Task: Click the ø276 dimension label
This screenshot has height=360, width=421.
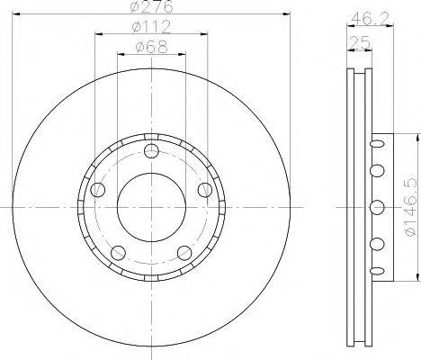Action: tap(150, 8)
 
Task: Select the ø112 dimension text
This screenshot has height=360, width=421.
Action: tap(150, 29)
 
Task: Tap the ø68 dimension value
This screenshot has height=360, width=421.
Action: tap(150, 48)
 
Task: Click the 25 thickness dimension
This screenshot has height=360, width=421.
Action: tap(360, 42)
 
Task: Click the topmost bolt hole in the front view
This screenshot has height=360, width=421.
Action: tap(151, 149)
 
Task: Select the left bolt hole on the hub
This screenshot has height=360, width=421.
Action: tap(97, 189)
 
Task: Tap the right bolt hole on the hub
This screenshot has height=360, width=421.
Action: tap(205, 189)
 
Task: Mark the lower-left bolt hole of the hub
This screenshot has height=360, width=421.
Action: tap(118, 252)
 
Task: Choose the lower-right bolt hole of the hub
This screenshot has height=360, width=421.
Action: tap(184, 252)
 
